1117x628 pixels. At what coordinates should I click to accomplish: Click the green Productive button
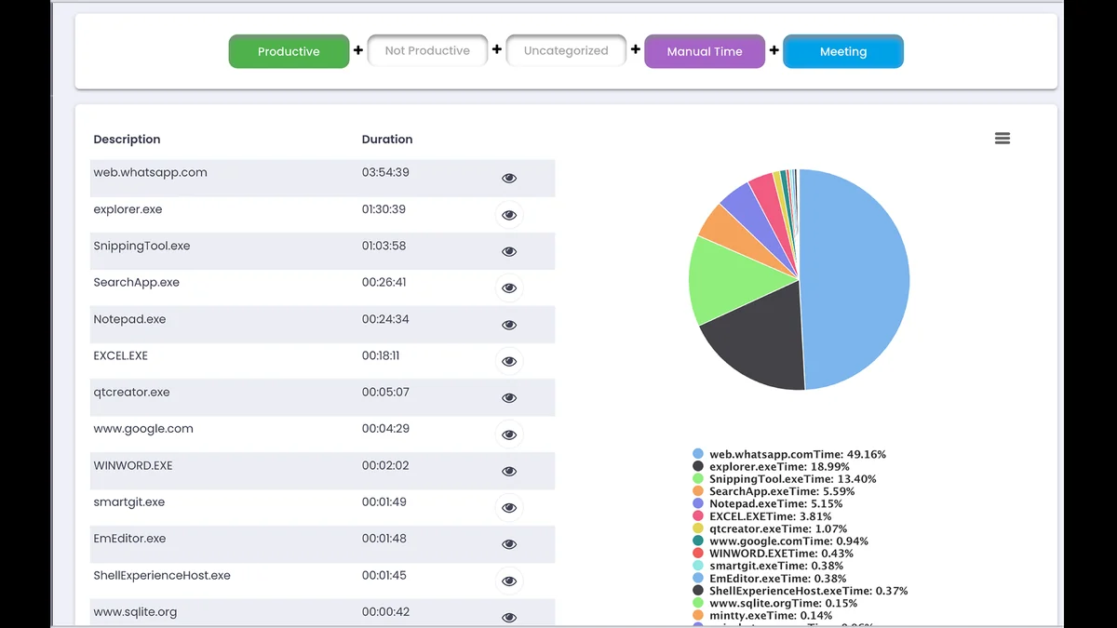(x=289, y=51)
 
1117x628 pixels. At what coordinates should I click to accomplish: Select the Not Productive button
(x=427, y=51)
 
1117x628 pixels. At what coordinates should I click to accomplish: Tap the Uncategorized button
(x=566, y=51)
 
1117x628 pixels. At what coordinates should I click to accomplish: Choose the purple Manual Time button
(x=704, y=51)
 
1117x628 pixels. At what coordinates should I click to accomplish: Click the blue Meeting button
(x=842, y=51)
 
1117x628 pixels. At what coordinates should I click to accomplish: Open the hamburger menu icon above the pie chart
(x=1003, y=139)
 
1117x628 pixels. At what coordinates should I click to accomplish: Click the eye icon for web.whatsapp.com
(x=509, y=178)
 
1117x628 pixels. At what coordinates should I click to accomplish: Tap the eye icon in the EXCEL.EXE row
(x=509, y=361)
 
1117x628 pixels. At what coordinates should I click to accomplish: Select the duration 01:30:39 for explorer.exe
(x=384, y=209)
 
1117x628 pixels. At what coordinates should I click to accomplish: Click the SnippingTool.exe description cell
(x=141, y=247)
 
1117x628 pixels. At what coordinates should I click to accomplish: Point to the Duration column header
(x=387, y=140)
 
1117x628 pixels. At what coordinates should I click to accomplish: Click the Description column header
(x=127, y=140)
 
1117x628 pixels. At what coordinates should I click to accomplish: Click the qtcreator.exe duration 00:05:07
(x=385, y=393)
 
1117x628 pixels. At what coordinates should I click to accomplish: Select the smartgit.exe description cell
(x=128, y=502)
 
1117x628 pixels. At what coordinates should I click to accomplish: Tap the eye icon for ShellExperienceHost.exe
(x=509, y=581)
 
